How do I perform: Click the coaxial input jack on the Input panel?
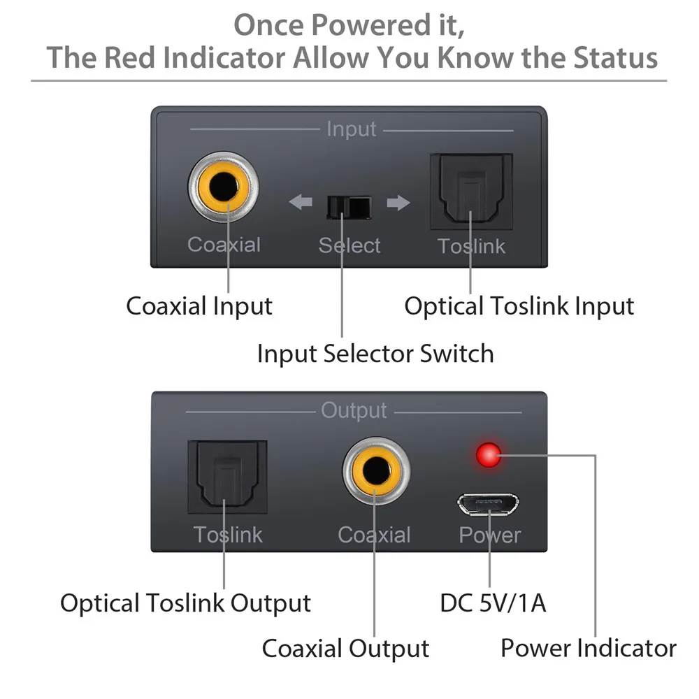223,188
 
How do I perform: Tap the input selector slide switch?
349,206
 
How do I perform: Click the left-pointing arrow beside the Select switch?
301,203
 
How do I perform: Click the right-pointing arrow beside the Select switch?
398,203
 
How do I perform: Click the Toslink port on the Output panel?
227,476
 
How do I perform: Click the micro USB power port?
489,504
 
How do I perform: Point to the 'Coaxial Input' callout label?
199,306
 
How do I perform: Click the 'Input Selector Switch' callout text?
375,353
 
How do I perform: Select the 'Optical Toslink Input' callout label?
519,306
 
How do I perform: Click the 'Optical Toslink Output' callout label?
185,603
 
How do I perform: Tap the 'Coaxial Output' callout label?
345,648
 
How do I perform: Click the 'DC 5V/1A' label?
493,603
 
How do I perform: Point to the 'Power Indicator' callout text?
588,648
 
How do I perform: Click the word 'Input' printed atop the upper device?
351,129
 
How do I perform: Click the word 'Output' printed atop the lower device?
354,411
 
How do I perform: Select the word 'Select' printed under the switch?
349,245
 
